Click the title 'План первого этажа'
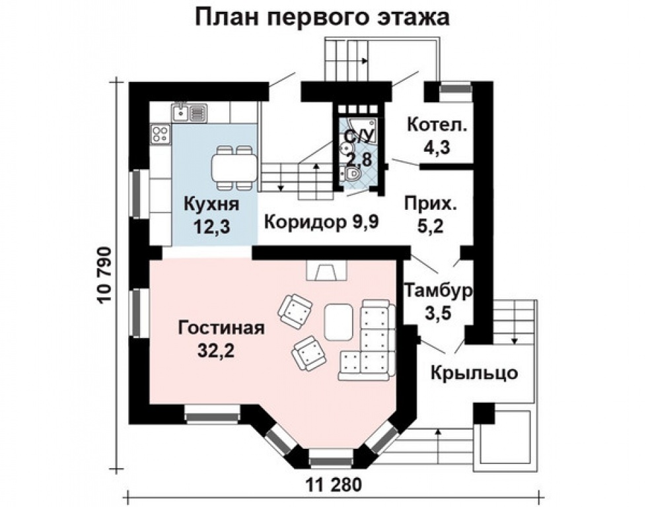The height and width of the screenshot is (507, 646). pyautogui.click(x=322, y=17)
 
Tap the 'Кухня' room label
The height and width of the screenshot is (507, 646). pyautogui.click(x=211, y=204)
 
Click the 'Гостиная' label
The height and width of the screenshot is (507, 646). pyautogui.click(x=221, y=328)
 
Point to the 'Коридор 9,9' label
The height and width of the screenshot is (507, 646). pyautogui.click(x=321, y=221)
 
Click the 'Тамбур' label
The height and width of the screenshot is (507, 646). pyautogui.click(x=438, y=290)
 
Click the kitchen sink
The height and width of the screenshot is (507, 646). pyautogui.click(x=190, y=112)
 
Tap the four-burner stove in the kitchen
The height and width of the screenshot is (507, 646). pyautogui.click(x=160, y=134)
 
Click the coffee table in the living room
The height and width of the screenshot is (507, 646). pyautogui.click(x=340, y=321)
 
